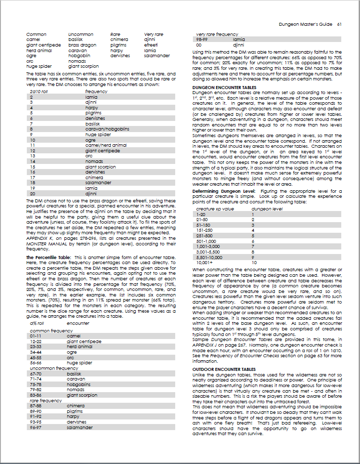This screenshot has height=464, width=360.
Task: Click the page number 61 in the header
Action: tap(340, 24)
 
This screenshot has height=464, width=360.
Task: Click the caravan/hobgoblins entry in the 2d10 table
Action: tap(107, 129)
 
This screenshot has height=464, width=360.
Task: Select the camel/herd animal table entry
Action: tap(106, 145)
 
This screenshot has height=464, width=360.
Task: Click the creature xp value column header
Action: tap(215, 208)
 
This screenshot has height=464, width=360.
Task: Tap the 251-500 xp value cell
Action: tap(205, 235)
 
